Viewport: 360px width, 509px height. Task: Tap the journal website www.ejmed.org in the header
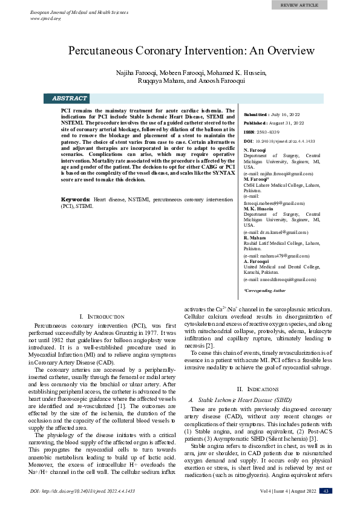45,18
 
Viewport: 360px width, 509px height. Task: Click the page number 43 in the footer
326,491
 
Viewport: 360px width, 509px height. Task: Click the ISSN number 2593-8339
268,132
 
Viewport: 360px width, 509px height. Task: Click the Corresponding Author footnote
264,291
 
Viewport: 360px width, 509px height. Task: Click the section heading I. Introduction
102,317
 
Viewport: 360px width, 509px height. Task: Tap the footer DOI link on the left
82,491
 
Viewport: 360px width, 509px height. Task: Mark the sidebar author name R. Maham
255,238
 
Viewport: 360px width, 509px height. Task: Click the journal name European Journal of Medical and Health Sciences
76,13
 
